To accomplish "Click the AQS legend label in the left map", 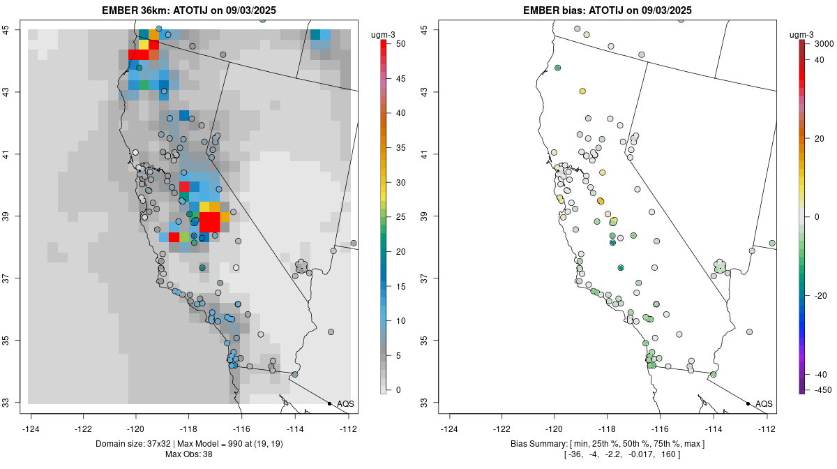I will coord(346,404).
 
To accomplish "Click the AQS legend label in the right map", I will coord(764,404).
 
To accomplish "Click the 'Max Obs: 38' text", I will coord(188,455).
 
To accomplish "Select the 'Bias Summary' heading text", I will coord(539,444).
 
